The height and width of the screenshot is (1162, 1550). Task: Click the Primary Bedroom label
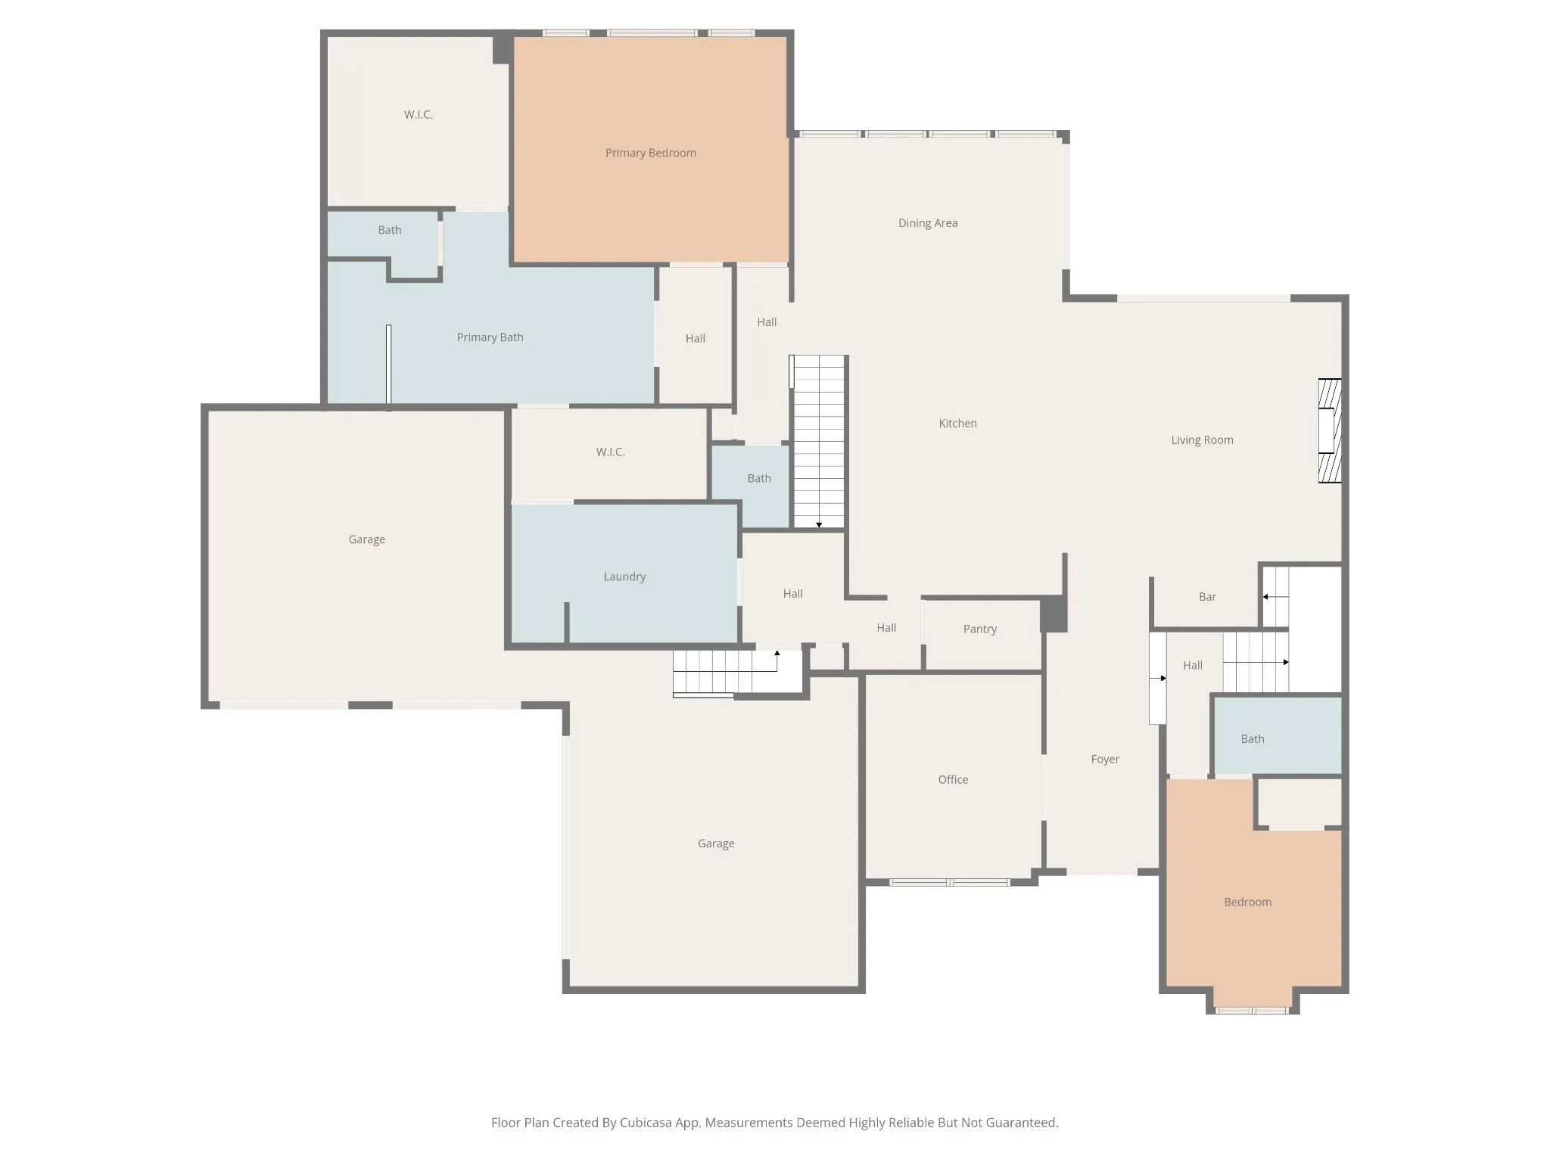click(651, 153)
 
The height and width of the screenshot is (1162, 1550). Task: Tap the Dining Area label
click(928, 223)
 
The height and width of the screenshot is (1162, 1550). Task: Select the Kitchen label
click(958, 424)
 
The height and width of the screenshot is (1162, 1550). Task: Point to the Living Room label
click(1202, 440)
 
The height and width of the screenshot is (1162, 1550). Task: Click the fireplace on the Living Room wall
click(1330, 430)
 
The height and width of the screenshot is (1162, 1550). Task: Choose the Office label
click(953, 780)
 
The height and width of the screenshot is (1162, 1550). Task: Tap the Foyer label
click(1105, 760)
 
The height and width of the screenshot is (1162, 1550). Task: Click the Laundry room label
click(624, 576)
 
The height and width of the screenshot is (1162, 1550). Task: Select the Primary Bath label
click(490, 337)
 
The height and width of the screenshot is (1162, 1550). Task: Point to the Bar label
click(1207, 597)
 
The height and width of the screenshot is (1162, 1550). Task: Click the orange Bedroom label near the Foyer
click(1247, 902)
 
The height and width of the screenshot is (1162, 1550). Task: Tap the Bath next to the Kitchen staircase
click(759, 478)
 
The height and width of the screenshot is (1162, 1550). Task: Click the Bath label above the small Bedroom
click(1253, 739)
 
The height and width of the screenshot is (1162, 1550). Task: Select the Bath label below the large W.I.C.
click(390, 230)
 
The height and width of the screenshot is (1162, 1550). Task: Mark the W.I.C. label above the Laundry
click(610, 452)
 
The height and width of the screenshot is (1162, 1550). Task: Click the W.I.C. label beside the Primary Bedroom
click(419, 115)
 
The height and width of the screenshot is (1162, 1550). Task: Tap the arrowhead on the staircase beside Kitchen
click(819, 525)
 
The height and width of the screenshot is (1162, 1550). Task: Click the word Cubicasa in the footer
click(647, 1123)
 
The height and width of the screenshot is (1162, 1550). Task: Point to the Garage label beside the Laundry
click(367, 539)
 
